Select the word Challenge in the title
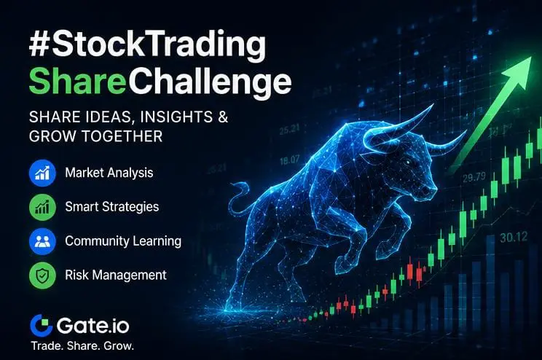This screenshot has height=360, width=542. [208, 83]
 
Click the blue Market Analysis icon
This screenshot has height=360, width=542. [42, 173]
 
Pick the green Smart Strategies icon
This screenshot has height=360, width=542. [42, 207]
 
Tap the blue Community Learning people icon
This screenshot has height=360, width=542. [42, 241]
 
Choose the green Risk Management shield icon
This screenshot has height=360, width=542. [42, 275]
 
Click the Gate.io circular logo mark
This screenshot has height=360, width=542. [42, 326]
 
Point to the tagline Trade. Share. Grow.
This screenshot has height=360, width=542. [82, 346]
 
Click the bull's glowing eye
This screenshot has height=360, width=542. [408, 163]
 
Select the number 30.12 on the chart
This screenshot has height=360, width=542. [514, 238]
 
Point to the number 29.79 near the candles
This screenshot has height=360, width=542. [474, 178]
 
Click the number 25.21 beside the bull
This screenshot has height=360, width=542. [289, 130]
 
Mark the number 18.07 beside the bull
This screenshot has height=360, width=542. [290, 160]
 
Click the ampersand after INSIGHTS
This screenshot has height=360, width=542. [224, 117]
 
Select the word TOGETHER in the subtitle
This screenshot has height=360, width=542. [122, 136]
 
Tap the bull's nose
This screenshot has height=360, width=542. [431, 190]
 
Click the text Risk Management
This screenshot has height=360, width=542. [116, 275]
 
